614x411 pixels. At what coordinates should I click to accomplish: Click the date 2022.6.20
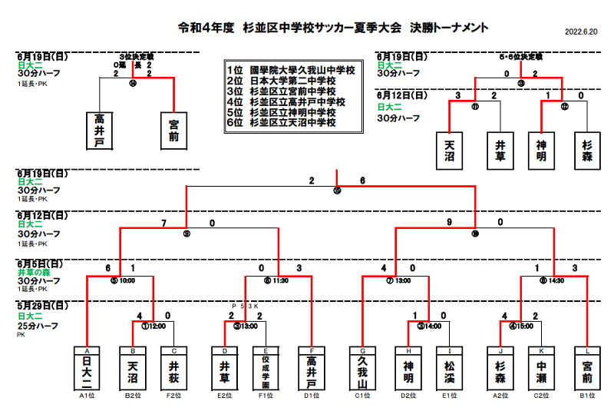coord(581,32)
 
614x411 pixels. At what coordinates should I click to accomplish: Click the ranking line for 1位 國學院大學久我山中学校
coord(291,70)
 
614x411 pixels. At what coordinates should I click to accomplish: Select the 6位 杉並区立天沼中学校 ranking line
coord(282,122)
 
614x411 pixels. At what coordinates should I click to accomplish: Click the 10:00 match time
coord(128,281)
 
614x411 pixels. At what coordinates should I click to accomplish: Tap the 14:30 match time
coord(556,281)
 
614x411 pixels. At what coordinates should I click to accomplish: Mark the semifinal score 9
coord(450,223)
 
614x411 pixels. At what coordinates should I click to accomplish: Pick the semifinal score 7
coord(163,223)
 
